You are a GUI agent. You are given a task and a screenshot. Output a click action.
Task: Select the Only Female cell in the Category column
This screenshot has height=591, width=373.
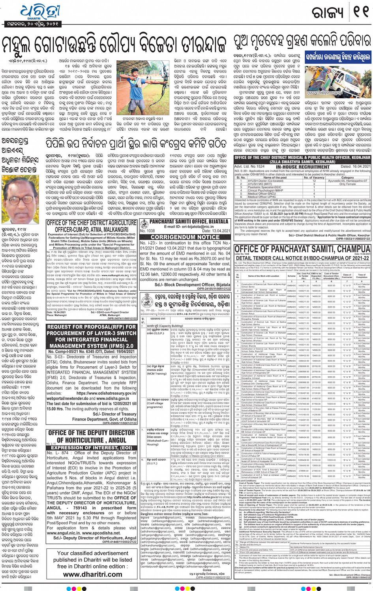pos(347,184)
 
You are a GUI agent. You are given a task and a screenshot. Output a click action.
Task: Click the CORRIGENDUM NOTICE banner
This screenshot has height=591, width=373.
pos(185,237)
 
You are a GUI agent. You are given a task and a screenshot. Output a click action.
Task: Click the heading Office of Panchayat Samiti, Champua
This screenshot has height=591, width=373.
pos(302,249)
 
